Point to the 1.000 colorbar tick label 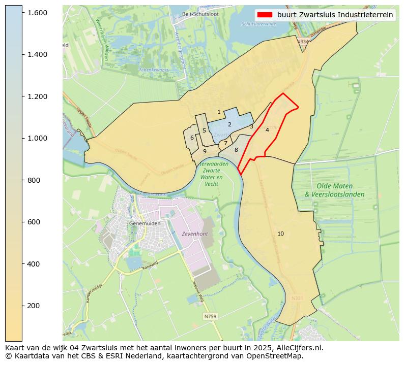37,138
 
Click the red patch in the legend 265,15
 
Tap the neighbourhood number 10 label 280,234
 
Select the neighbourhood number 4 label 267,130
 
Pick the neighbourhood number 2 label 229,124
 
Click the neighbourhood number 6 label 192,138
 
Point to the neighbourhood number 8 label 236,150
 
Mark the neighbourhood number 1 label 219,112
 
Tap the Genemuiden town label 145,223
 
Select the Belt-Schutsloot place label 200,14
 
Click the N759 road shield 210,316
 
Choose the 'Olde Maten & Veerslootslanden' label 334,190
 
